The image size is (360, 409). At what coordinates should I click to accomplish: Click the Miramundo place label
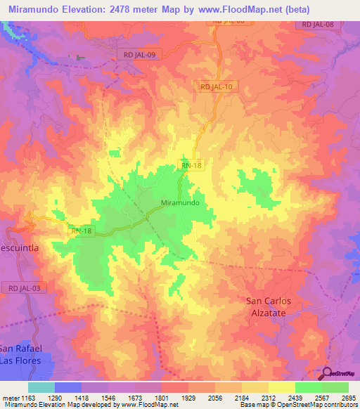(x=180, y=202)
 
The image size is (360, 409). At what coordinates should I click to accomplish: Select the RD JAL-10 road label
(x=216, y=86)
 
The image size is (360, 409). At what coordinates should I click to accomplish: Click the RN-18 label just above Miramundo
(x=191, y=166)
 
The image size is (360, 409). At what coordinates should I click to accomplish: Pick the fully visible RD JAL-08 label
(x=318, y=25)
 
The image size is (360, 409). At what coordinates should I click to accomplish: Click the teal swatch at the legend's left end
(x=41, y=387)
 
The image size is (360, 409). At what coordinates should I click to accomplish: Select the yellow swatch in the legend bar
(x=281, y=387)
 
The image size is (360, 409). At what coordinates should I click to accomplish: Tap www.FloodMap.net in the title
(x=247, y=9)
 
